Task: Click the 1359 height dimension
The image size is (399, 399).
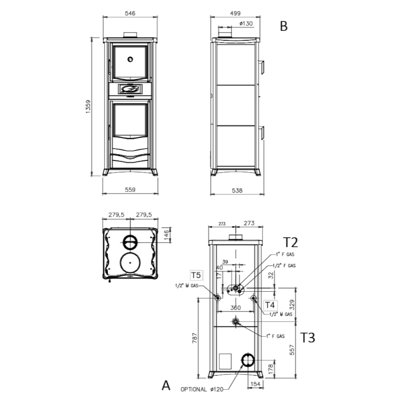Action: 88,107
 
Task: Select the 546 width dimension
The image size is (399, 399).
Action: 130,13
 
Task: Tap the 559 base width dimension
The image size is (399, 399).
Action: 130,190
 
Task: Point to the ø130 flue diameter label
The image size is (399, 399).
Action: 246,24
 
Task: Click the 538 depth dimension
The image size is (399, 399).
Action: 237,190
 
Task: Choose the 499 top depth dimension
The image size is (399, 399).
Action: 235,13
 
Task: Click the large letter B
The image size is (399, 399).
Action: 284,26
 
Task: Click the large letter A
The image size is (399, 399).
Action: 166,385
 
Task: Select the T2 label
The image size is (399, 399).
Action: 290,243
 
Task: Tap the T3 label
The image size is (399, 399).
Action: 308,338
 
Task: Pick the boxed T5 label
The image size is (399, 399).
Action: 196,275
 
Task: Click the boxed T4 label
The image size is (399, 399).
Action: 270,305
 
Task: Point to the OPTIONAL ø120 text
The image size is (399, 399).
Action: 202,389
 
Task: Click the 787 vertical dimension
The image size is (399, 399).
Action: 195,338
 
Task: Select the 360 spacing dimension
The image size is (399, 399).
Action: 236,308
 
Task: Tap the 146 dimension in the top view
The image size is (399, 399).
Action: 166,235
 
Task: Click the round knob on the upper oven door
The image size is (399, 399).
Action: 130,59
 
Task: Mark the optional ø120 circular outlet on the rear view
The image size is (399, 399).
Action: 248,360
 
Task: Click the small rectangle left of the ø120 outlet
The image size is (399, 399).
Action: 225,361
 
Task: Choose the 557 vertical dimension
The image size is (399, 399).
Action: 292,350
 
